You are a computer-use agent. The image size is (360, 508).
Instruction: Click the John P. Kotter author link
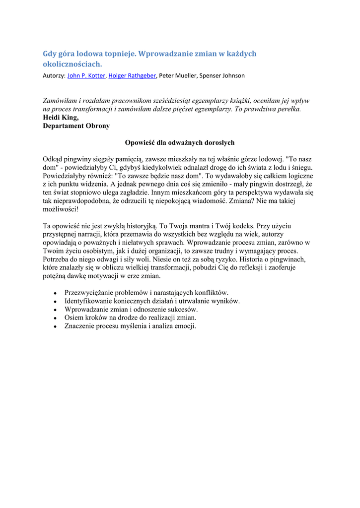tap(86, 76)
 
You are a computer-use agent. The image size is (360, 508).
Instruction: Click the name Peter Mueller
tap(178, 76)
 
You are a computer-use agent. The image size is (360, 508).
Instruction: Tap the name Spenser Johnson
tap(222, 76)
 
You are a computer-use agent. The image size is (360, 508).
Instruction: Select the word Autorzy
tap(53, 76)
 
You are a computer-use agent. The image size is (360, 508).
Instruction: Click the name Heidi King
tap(61, 118)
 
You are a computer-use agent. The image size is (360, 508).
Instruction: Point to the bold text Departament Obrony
tap(76, 126)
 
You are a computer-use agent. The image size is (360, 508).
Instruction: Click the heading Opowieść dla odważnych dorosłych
tap(180, 143)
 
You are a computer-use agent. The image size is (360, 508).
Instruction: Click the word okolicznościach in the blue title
tap(72, 64)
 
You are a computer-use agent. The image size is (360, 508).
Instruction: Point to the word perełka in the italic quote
tap(287, 109)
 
